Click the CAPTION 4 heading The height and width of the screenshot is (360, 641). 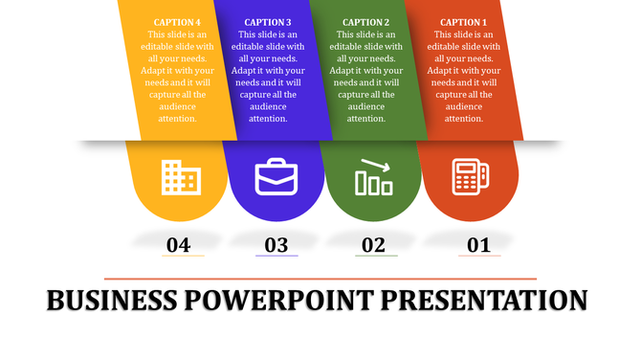(x=177, y=22)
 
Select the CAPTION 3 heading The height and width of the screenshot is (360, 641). (x=268, y=22)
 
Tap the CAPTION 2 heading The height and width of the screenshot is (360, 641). (x=365, y=22)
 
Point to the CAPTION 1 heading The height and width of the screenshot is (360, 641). (x=463, y=22)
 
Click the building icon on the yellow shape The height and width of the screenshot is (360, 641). (x=180, y=176)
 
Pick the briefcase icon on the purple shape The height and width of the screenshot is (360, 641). (x=276, y=178)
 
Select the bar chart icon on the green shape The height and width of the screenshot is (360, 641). (x=373, y=177)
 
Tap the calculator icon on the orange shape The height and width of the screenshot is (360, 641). (x=470, y=177)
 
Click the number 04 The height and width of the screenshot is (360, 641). (x=178, y=245)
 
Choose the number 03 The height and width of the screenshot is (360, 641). (x=276, y=245)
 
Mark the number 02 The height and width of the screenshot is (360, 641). (x=373, y=245)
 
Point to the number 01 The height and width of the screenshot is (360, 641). (x=478, y=245)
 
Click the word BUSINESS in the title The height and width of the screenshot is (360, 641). (x=111, y=301)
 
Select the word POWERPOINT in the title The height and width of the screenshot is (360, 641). (x=277, y=301)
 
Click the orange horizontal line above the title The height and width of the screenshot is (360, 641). (x=320, y=279)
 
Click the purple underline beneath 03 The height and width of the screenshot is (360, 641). (x=276, y=257)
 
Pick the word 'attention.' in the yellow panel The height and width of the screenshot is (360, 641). (x=177, y=119)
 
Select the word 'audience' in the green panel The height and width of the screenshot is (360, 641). (x=365, y=106)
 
